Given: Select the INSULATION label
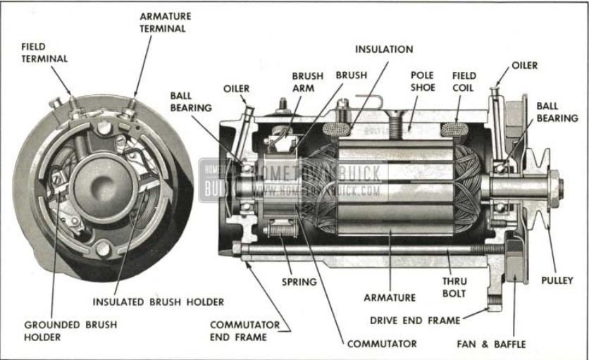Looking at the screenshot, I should coord(384,49).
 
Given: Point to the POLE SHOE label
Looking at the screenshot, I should coord(423,81).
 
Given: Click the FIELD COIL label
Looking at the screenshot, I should coord(464,81).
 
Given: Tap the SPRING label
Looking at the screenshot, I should coord(299,281).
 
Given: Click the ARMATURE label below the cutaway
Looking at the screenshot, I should coord(391,297).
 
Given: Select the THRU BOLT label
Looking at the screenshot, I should coord(454,286).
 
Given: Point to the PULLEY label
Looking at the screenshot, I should coord(557,280).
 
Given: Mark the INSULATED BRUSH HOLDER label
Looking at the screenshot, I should coord(158,302).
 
